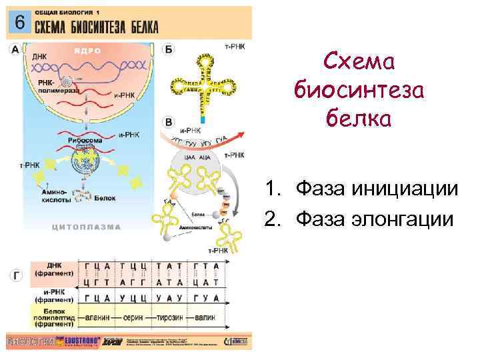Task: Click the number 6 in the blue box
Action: click(20, 21)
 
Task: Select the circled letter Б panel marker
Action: click(169, 50)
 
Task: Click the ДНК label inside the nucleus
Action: click(39, 57)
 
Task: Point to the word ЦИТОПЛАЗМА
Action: click(87, 227)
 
